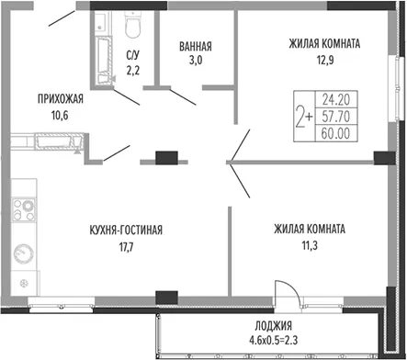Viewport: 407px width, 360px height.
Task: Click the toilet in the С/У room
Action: [x=132, y=25]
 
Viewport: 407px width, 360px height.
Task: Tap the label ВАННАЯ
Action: [x=196, y=47]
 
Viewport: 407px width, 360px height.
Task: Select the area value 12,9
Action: [x=325, y=60]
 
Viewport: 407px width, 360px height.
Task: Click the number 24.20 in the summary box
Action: [x=336, y=99]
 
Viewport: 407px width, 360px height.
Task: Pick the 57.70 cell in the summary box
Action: [x=336, y=117]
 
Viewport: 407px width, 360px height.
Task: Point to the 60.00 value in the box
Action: [x=336, y=133]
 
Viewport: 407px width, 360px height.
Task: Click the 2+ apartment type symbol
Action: [x=304, y=117]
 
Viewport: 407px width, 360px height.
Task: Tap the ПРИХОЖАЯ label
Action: [x=61, y=99]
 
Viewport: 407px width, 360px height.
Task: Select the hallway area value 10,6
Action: [x=60, y=116]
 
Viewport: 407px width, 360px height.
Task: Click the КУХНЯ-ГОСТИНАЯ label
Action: [x=126, y=230]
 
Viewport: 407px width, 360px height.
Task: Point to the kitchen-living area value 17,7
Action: [x=126, y=247]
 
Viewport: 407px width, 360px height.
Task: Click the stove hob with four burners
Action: [x=24, y=209]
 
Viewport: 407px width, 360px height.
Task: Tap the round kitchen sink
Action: [x=24, y=253]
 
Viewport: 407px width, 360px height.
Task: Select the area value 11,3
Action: [x=310, y=245]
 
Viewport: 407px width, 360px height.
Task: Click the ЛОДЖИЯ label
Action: [x=274, y=326]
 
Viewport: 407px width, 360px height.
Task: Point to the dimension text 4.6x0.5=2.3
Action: [x=274, y=340]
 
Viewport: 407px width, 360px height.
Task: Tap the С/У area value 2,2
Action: [x=132, y=71]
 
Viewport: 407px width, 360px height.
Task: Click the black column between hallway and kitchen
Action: [x=166, y=158]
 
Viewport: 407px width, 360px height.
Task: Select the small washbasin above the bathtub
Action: [x=100, y=22]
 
